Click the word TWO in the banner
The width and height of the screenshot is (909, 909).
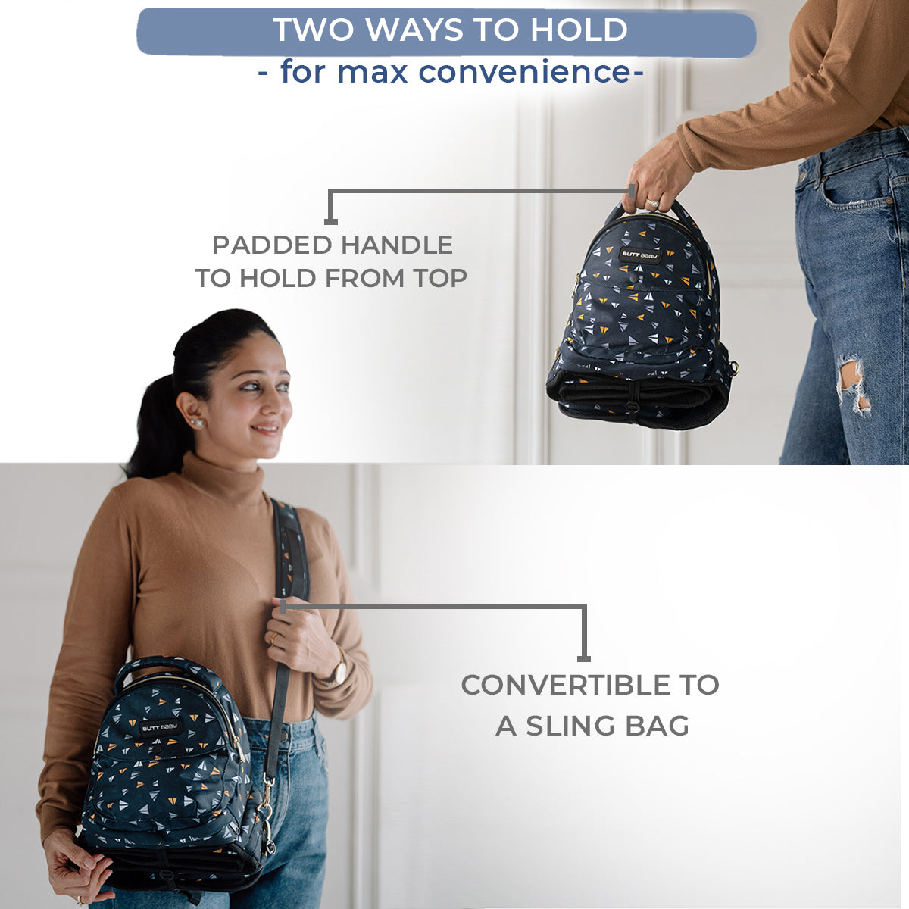coord(312,30)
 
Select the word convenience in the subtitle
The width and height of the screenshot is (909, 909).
coord(523,72)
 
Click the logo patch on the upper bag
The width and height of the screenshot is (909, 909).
coord(640,255)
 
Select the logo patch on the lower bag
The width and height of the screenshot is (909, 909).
coord(161,728)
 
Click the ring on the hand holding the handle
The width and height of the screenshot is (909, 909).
coord(651,203)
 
